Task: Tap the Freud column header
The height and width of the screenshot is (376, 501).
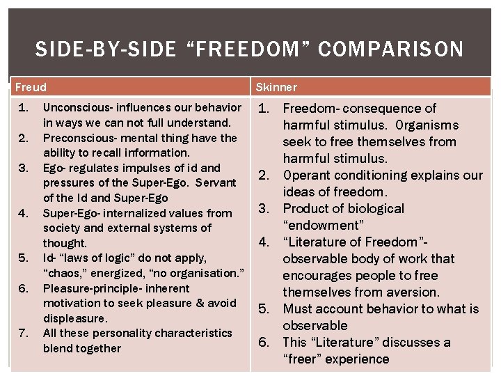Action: coord(31,87)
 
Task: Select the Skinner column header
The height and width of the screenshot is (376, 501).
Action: coord(276,87)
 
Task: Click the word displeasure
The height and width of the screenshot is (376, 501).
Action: coord(75,318)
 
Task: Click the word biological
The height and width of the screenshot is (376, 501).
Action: coord(368,209)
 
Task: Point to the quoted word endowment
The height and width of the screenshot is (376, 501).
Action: coord(323,226)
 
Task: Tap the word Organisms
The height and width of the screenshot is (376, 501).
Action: coord(424,125)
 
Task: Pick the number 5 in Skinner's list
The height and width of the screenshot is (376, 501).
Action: coord(264,309)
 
